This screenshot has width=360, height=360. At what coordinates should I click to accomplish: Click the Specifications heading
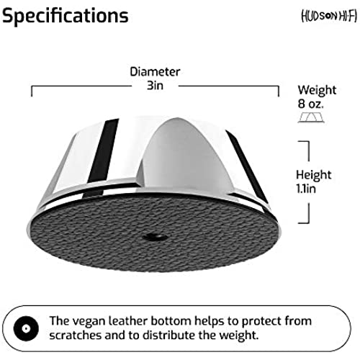tap(66, 16)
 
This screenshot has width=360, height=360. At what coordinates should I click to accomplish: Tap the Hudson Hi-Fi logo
tap(329, 17)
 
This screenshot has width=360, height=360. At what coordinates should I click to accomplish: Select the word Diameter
tap(155, 72)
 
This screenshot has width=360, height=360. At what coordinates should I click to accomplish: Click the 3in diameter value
tap(155, 86)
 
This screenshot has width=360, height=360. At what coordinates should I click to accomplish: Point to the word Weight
tap(317, 91)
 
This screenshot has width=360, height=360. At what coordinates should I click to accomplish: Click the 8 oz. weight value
tap(310, 104)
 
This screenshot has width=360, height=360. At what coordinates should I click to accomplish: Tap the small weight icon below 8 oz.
tap(311, 118)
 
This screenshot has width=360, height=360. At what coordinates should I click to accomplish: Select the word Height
tap(314, 175)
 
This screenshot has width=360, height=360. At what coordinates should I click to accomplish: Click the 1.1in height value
tap(306, 189)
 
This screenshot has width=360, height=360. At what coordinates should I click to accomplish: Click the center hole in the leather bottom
tap(155, 238)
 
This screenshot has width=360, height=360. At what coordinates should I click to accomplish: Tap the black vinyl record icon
tap(26, 328)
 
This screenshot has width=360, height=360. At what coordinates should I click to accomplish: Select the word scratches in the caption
tap(76, 335)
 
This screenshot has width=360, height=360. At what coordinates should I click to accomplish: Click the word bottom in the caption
tap(171, 321)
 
